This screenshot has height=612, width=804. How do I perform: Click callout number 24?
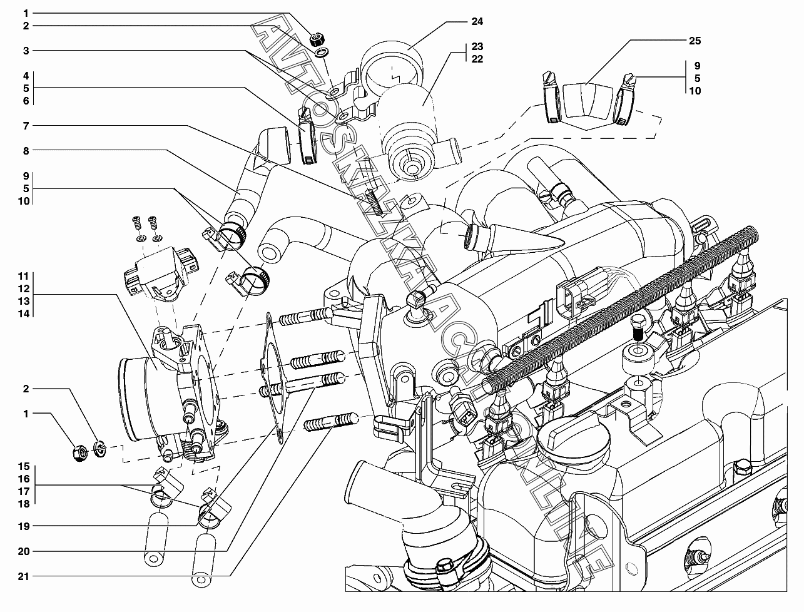pyautogui.click(x=477, y=22)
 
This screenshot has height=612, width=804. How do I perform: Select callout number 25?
pyautogui.click(x=695, y=41)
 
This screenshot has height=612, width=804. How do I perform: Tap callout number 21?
pyautogui.click(x=24, y=576)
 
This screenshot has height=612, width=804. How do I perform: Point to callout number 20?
pyautogui.click(x=24, y=552)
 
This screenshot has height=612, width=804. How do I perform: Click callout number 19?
pyautogui.click(x=24, y=526)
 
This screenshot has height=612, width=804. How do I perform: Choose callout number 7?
pyautogui.click(x=26, y=126)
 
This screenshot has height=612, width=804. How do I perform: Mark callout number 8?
pyautogui.click(x=26, y=151)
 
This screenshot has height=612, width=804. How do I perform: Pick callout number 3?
pyautogui.click(x=26, y=50)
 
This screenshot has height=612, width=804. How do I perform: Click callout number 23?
pyautogui.click(x=477, y=47)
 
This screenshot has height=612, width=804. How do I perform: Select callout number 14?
pyautogui.click(x=24, y=314)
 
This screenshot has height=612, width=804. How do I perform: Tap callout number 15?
pyautogui.click(x=24, y=467)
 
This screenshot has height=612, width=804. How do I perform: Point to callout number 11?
pyautogui.click(x=24, y=276)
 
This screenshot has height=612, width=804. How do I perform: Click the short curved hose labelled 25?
pyautogui.click(x=586, y=101)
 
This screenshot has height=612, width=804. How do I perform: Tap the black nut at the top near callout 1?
pyautogui.click(x=317, y=39)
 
